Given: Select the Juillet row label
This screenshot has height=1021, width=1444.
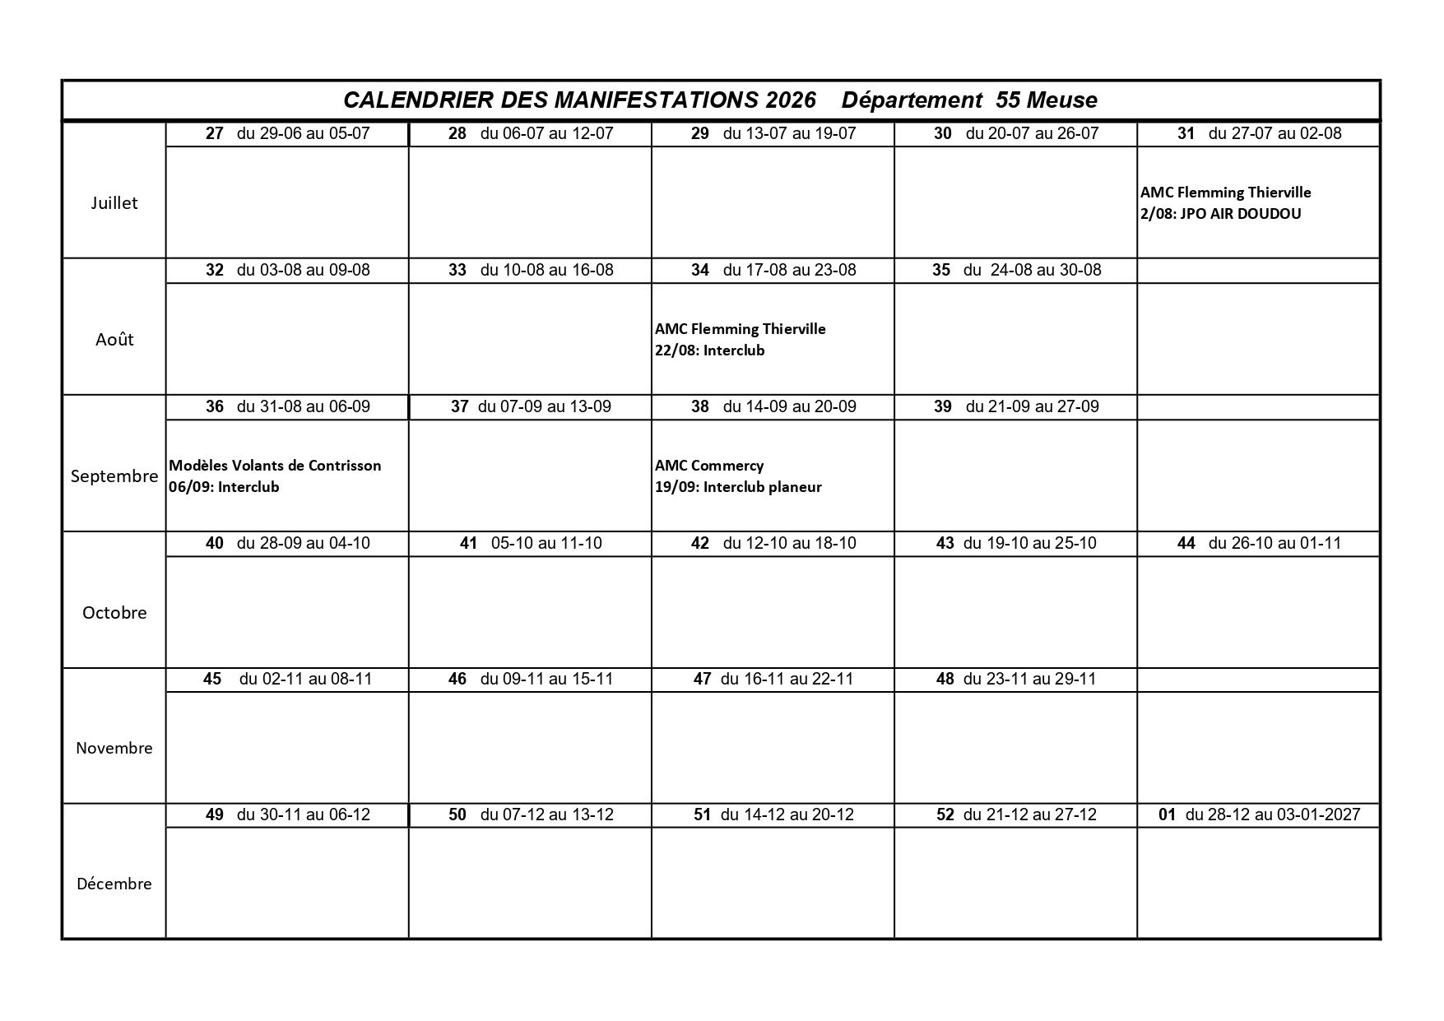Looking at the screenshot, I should tap(114, 203).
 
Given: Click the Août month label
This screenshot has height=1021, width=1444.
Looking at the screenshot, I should tap(114, 340).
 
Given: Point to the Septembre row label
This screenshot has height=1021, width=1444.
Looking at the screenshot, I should tap(114, 476).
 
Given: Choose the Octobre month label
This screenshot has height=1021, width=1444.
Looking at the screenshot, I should tap(114, 613).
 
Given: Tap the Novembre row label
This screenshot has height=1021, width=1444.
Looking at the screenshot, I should tap(114, 749).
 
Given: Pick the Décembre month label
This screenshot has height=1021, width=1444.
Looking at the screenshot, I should tap(114, 884).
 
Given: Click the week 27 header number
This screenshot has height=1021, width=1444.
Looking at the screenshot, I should tap(215, 133).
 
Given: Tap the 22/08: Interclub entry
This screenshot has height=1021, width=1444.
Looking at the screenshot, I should tap(709, 350).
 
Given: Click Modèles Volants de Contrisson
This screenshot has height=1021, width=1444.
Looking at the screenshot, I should tap(275, 466).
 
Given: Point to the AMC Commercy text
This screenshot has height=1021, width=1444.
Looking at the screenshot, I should tap(709, 466).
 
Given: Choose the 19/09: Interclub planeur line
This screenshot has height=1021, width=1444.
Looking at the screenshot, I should tap(738, 487).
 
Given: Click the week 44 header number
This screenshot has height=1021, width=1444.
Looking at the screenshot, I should tap(1186, 543).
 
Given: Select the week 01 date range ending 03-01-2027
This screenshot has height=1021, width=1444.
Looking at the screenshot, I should tap(1273, 814).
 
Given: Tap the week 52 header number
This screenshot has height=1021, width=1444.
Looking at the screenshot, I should tap(945, 814).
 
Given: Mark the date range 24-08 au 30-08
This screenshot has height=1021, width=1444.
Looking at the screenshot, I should tap(1046, 270).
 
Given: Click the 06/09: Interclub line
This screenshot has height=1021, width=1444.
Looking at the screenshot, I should tap(224, 487).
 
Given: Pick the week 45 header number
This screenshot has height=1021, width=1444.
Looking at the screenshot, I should tap(212, 679).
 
